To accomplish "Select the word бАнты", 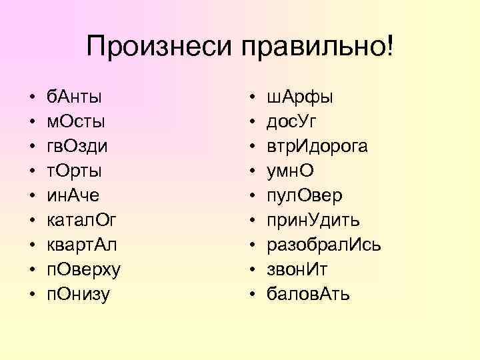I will tap(74, 97).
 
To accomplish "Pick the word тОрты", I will tap(74, 171).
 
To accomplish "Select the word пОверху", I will tap(83, 268).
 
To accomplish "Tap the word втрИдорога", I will tap(317, 146).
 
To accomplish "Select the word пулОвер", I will tap(305, 195).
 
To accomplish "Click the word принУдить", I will tap(313, 219).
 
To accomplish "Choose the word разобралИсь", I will tap(324, 243).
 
